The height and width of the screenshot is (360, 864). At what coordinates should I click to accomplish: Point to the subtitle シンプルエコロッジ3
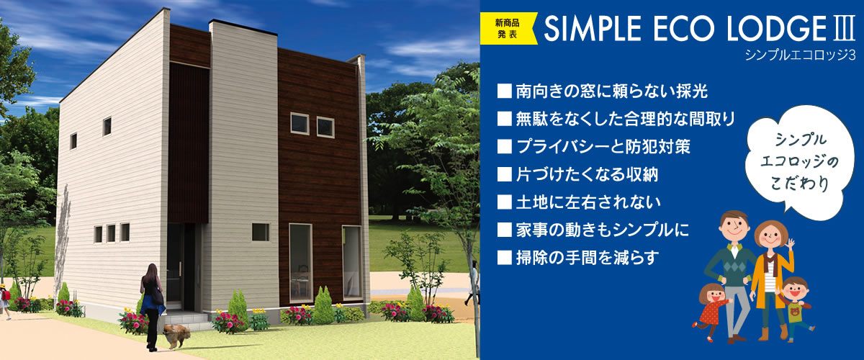(800, 55)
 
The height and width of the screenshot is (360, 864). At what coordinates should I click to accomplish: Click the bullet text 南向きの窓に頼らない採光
(612, 91)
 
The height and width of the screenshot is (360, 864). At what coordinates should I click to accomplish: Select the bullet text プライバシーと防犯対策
(603, 147)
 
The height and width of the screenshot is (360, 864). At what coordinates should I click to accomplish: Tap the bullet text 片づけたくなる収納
(587, 174)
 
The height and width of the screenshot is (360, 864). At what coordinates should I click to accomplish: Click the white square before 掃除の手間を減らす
(505, 257)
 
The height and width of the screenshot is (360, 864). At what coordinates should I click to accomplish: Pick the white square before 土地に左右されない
(505, 202)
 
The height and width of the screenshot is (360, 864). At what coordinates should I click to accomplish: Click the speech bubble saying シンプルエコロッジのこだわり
(801, 162)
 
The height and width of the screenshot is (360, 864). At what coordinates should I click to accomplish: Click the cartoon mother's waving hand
(791, 244)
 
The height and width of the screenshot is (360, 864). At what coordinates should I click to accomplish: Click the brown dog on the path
(176, 335)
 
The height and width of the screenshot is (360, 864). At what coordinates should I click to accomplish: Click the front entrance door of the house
(176, 267)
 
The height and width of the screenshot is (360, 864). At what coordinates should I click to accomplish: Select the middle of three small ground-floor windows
(111, 233)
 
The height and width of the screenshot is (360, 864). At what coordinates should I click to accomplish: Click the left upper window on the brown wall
(300, 123)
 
